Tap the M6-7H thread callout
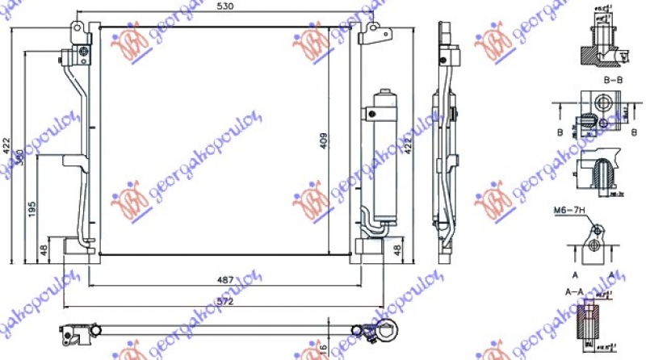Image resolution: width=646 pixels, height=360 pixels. coord(566,211)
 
